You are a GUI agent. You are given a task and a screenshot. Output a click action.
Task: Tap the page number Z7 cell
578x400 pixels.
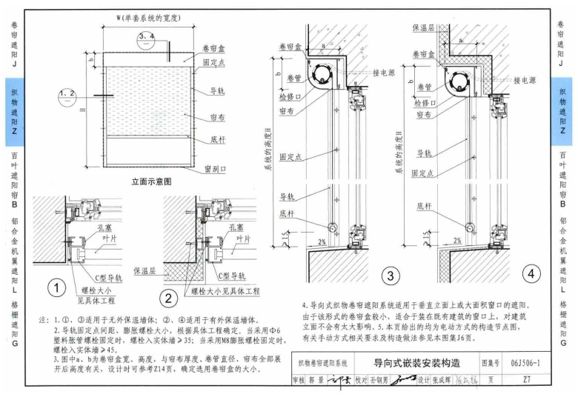[525, 379]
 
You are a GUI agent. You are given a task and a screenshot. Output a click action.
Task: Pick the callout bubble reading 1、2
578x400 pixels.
[68, 94]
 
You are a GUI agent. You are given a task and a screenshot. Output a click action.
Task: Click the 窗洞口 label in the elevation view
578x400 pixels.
[214, 168]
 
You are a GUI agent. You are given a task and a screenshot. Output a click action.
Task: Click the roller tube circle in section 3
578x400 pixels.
[321, 75]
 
